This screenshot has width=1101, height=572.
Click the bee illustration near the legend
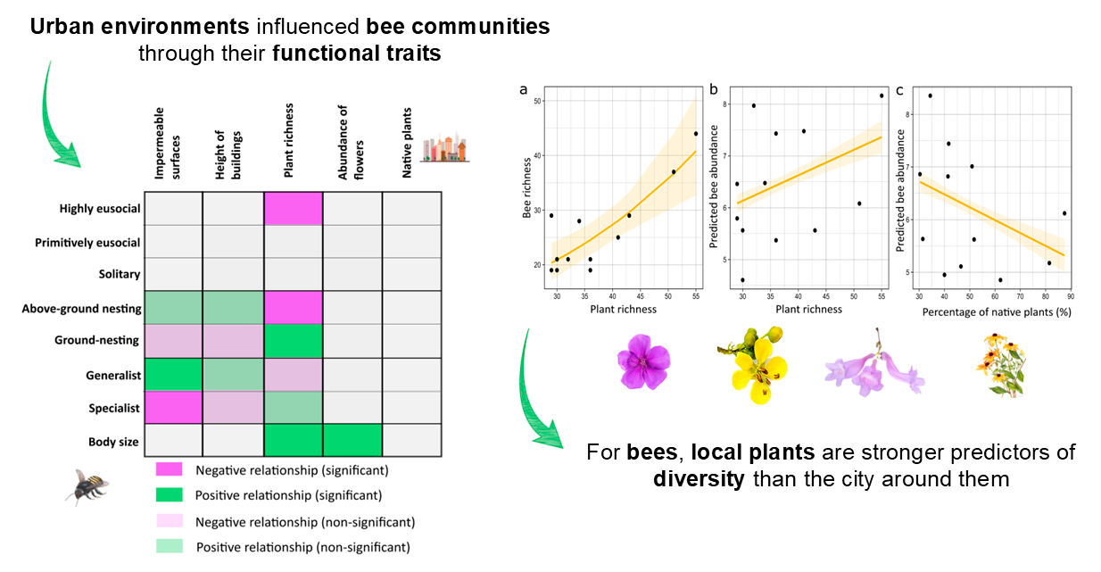click(87, 486)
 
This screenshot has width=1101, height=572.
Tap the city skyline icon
click(446, 148)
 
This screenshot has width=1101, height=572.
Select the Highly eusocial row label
click(100, 209)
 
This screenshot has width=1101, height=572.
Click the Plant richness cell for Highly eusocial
click(293, 209)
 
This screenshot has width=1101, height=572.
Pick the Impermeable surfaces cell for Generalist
click(173, 375)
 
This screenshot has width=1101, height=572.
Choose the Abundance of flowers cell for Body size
click(352, 441)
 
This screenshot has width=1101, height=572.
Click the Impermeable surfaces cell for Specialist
click(173, 408)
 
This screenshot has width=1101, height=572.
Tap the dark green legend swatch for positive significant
click(169, 495)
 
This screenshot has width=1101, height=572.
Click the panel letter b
click(714, 90)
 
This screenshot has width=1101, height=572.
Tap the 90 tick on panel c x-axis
click(1070, 295)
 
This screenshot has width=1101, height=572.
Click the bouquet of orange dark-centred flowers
click(1001, 364)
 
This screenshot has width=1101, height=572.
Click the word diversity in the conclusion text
click(699, 478)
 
